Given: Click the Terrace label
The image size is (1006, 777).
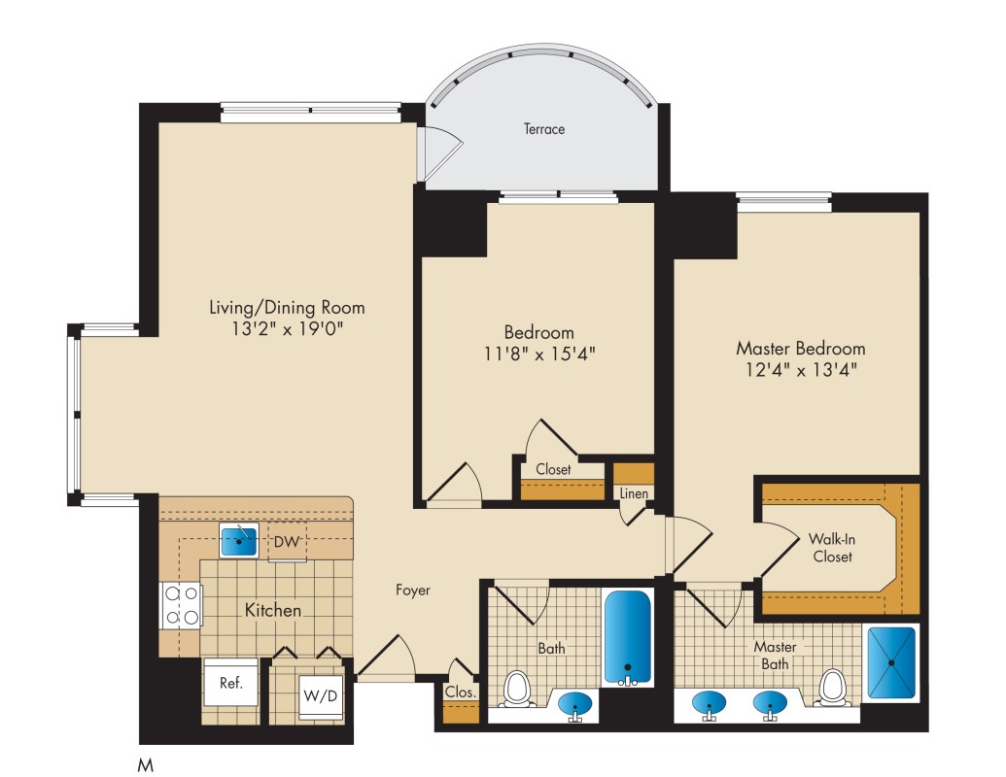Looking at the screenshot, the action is click(544, 129).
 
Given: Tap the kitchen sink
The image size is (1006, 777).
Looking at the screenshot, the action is click(239, 540).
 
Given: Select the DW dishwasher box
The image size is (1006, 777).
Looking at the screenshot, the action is click(287, 542).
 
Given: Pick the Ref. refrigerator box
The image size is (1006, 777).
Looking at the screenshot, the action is click(231, 682).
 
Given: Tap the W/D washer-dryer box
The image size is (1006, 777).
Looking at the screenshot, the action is click(320, 695).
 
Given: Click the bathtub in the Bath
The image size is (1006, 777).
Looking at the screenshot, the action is click(628, 638).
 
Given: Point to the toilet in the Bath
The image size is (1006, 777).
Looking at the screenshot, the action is click(515, 688).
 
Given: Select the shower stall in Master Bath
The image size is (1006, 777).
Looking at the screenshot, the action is click(891, 662).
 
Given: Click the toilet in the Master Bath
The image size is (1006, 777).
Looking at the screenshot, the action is click(833, 688).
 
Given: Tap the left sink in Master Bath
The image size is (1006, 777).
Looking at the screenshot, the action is click(709, 704).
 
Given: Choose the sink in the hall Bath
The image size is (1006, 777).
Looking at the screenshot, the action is click(574, 704).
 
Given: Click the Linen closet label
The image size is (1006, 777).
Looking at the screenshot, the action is click(634, 493).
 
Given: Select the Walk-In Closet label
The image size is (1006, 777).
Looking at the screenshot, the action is click(832, 548).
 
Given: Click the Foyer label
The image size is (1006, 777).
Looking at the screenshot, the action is click(412, 590).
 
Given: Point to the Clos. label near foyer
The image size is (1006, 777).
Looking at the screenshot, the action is click(461, 692).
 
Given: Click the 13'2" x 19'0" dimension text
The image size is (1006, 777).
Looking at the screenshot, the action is click(288, 329).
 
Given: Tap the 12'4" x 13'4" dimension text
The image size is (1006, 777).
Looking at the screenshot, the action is click(801, 370).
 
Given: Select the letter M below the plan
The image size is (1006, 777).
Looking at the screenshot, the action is click(146, 764).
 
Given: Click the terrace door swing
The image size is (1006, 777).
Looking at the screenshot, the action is click(440, 152).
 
